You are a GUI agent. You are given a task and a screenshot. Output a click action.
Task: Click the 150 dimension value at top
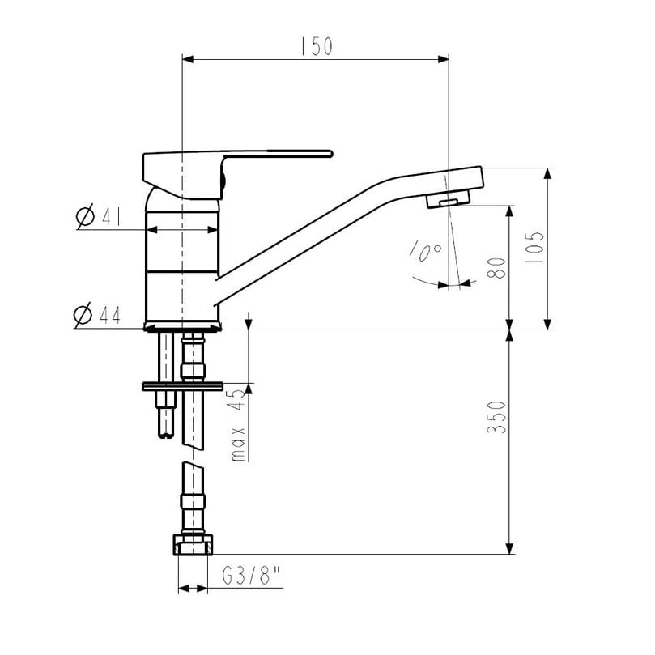click(317, 46)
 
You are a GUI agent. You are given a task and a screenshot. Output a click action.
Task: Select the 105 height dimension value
click(534, 247)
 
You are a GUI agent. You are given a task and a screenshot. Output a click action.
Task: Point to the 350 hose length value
click(496, 417)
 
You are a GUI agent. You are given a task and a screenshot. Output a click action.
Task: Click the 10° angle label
click(426, 250)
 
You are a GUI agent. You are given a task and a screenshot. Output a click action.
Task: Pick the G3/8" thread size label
click(252, 576)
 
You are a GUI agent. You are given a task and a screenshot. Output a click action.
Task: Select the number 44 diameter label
click(110, 315)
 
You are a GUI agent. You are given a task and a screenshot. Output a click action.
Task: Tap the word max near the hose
click(238, 444)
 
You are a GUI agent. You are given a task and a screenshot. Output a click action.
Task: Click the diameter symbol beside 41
click(85, 216)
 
